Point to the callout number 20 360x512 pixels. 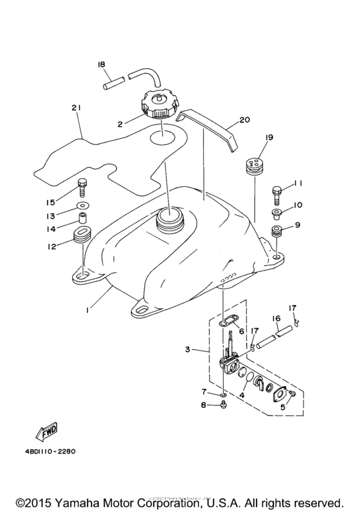coord(244,119)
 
